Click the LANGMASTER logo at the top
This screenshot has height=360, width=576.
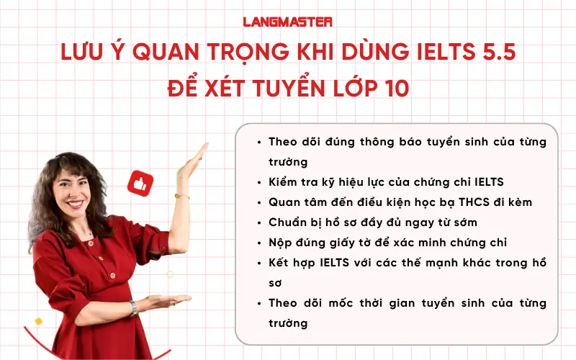[x=287, y=21]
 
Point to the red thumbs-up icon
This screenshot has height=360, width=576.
[x=138, y=183]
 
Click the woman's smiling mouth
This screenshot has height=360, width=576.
[x=78, y=204]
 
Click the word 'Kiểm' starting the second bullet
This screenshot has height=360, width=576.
[x=284, y=181]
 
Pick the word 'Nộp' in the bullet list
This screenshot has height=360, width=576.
[x=280, y=242]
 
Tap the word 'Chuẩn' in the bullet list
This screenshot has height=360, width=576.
[x=289, y=222]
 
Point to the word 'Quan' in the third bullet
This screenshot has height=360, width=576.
[x=284, y=202]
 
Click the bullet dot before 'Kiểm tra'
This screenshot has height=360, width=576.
[x=258, y=181]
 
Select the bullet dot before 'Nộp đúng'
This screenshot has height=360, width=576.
[x=258, y=242]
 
